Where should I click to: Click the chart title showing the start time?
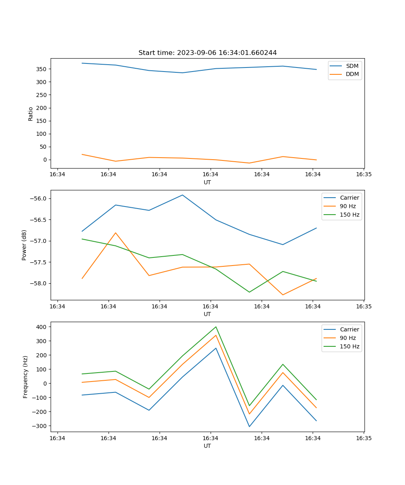[x=207, y=53]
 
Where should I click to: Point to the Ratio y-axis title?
[x=31, y=114]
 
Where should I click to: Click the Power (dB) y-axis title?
[x=24, y=245]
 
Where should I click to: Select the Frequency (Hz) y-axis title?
[x=26, y=377]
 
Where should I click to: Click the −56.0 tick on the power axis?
[x=38, y=199]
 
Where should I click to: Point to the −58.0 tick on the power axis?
[x=38, y=283]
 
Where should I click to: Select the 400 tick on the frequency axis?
[x=42, y=327]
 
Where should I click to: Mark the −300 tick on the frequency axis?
[x=40, y=426]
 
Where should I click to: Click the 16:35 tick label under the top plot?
[x=364, y=175]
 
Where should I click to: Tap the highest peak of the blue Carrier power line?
[x=182, y=195]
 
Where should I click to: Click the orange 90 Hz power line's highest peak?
[x=115, y=233]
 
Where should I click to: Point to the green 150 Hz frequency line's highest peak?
[x=216, y=327]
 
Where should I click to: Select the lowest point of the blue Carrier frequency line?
[x=249, y=426]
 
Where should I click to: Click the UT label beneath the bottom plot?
[x=207, y=446]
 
